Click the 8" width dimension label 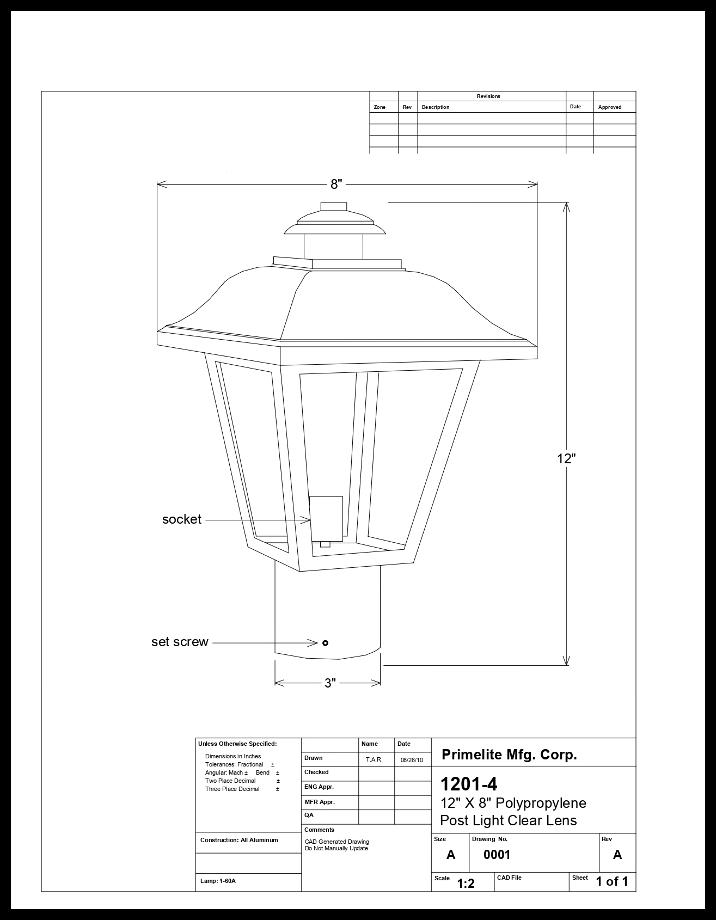[x=336, y=184]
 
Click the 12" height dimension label [x=566, y=458]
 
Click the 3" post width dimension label [x=330, y=683]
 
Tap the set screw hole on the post [x=325, y=643]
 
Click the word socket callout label [x=182, y=519]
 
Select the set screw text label [x=180, y=642]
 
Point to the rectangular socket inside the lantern [x=326, y=518]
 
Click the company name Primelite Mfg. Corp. [x=509, y=755]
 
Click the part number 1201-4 [x=468, y=784]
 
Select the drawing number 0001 [x=497, y=855]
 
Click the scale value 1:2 [x=466, y=884]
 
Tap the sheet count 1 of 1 [x=612, y=881]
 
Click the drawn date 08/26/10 [x=412, y=759]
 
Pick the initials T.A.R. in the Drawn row [x=374, y=759]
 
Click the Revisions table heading [x=488, y=96]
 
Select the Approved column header [x=609, y=107]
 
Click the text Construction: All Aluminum [x=239, y=840]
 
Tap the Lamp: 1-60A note [x=218, y=881]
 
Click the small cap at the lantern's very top [x=334, y=206]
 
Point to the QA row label [x=309, y=815]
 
